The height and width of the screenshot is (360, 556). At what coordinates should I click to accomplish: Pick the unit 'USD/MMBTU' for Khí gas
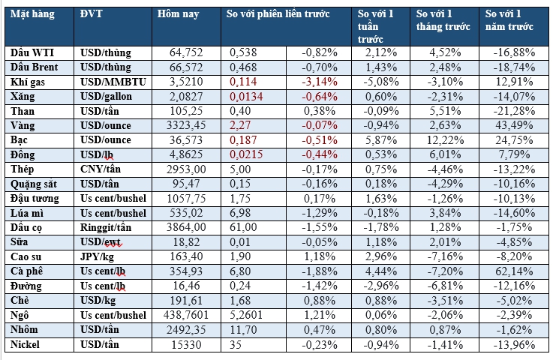110,82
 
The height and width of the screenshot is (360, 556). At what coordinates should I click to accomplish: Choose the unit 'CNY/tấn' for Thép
102,168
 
